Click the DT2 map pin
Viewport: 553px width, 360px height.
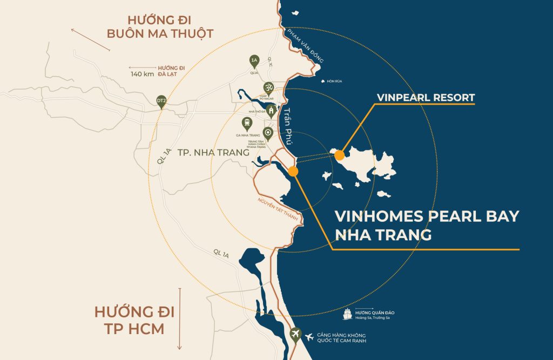(x=161, y=101)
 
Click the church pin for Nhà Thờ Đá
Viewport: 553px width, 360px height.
(x=272, y=110)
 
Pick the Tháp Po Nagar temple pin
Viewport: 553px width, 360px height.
(x=267, y=87)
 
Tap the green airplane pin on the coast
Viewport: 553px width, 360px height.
(x=295, y=334)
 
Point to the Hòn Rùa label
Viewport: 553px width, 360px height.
(x=334, y=81)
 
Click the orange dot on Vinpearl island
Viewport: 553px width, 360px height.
(x=339, y=155)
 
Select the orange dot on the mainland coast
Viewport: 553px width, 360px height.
(x=293, y=172)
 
